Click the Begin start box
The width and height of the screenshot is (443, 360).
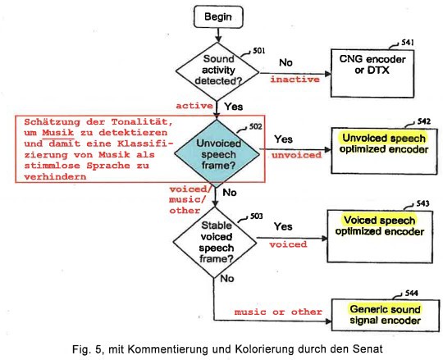(218, 17)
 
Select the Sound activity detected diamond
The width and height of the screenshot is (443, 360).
(217, 71)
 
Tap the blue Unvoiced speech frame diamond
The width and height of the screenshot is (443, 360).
(217, 153)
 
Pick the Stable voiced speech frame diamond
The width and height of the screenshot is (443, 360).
(215, 242)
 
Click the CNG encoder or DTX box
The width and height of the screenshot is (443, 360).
(372, 74)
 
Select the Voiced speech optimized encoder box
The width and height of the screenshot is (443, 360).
(380, 236)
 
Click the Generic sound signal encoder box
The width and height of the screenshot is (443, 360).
(386, 315)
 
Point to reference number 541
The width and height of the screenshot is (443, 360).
(408, 43)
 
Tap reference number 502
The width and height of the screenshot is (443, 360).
(255, 127)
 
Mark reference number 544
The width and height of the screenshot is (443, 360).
(411, 294)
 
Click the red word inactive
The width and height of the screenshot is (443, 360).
(295, 80)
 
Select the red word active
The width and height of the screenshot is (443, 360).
(194, 106)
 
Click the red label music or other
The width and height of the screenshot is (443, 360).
(278, 312)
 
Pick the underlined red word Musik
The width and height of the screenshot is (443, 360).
(58, 133)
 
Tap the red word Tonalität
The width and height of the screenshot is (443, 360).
(142, 122)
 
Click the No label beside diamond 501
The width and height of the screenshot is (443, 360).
(285, 62)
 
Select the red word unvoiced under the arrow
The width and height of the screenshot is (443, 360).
(297, 155)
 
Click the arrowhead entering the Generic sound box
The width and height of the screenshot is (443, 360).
(328, 321)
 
